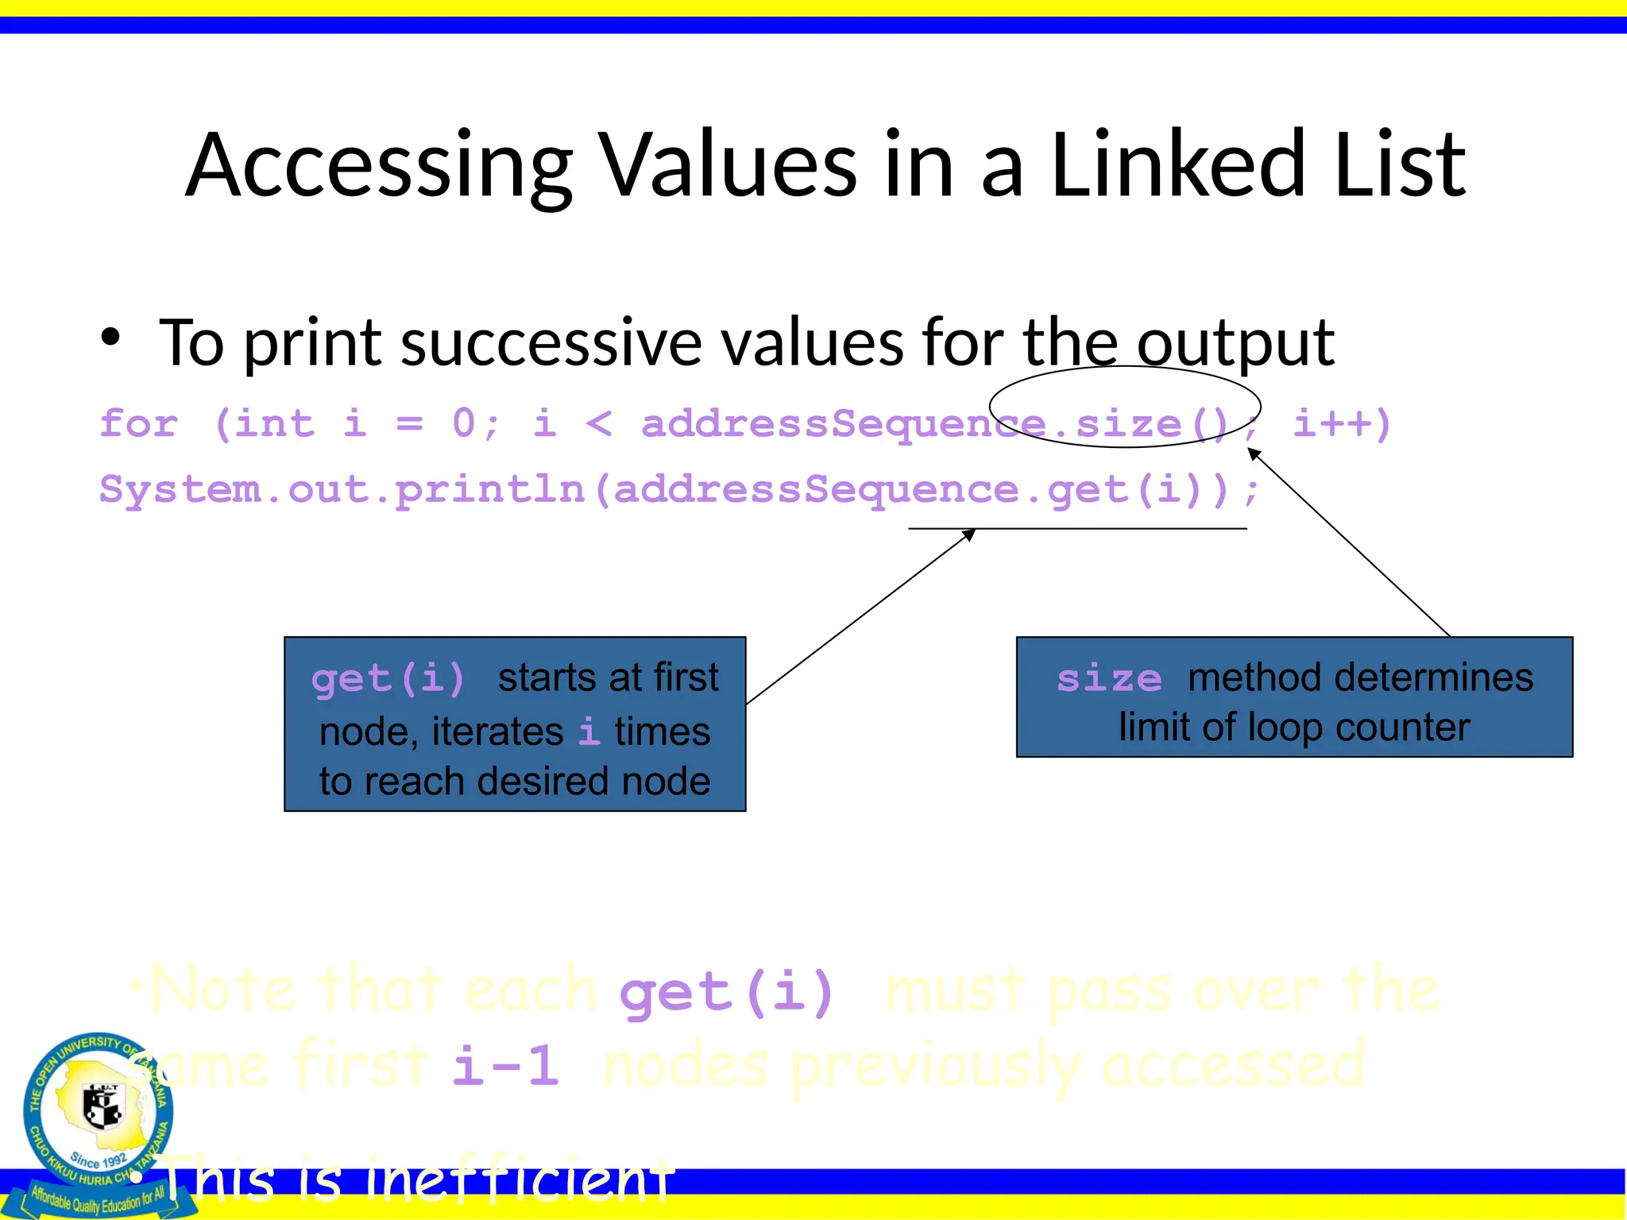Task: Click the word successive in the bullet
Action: pos(551,343)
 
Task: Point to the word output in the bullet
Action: pos(1235,343)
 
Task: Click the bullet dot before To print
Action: pos(111,338)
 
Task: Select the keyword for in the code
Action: pos(139,423)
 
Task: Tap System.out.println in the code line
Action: pos(342,489)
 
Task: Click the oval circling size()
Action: pos(1125,369)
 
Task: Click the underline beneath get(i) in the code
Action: pos(1077,529)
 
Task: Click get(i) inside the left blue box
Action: pos(388,679)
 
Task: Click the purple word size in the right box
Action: pos(1109,679)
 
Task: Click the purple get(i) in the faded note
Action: pos(727,993)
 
